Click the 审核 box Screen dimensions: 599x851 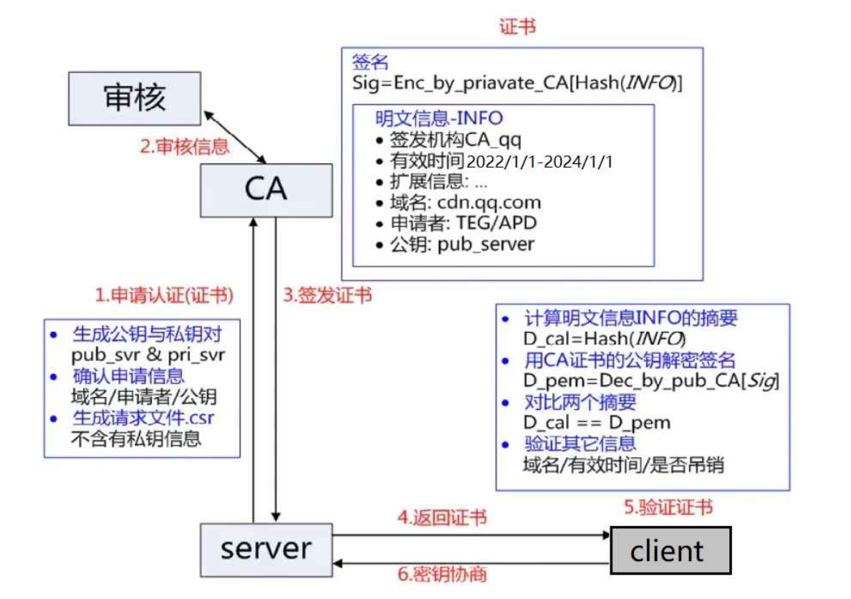coord(135,97)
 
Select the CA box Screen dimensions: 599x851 coord(266,190)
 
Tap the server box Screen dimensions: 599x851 coord(266,549)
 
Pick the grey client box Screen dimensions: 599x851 coord(670,550)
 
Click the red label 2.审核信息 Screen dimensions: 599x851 coord(185,147)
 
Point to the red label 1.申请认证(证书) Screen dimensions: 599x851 coord(165,294)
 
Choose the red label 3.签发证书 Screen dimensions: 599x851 coord(327,294)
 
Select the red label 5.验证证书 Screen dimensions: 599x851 coord(668,508)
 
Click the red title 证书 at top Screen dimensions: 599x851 coord(517,27)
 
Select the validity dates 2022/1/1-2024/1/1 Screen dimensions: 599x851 coord(539,161)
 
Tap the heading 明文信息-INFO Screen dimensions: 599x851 coord(439,118)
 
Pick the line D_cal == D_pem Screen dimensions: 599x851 coord(597,423)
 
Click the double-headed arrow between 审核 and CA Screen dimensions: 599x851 coord(236,136)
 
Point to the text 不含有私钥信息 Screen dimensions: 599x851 coord(136,439)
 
